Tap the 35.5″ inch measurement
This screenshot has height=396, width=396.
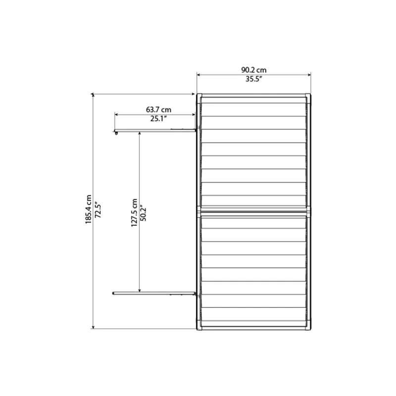coord(253,80)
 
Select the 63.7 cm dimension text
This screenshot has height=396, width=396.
coord(158,108)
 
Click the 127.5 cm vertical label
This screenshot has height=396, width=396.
coord(134,212)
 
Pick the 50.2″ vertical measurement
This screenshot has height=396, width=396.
coord(145,212)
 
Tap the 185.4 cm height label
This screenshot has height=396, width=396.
coord(88,209)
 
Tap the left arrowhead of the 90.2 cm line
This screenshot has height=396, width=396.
coord(199,75)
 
